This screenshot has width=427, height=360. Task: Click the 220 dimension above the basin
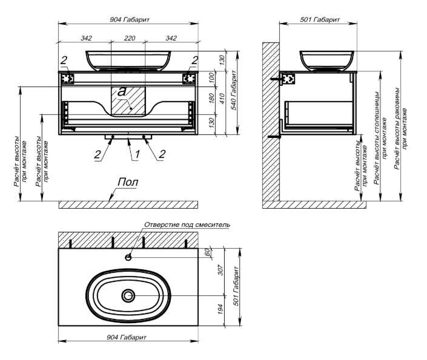tap(128, 38)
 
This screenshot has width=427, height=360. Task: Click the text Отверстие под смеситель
tap(188, 224)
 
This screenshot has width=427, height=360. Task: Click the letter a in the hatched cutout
tap(122, 92)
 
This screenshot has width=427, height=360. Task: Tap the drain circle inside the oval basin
tap(128, 296)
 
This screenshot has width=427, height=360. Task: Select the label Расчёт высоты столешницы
tap(379, 137)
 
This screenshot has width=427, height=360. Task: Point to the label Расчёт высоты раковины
tap(400, 137)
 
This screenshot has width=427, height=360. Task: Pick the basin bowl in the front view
tap(128, 59)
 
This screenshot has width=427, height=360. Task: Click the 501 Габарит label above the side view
tap(320, 20)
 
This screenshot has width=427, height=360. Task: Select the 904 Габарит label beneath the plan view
tap(129, 337)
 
